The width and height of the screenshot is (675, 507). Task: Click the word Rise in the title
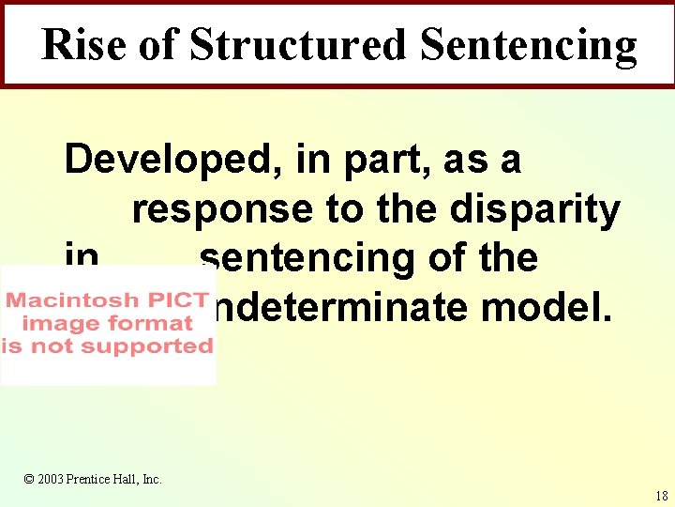coord(85,44)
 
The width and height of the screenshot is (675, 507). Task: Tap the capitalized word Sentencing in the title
coord(528,44)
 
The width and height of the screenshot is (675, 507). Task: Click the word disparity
coord(534,209)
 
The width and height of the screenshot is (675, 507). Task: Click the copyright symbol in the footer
coord(29,480)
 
